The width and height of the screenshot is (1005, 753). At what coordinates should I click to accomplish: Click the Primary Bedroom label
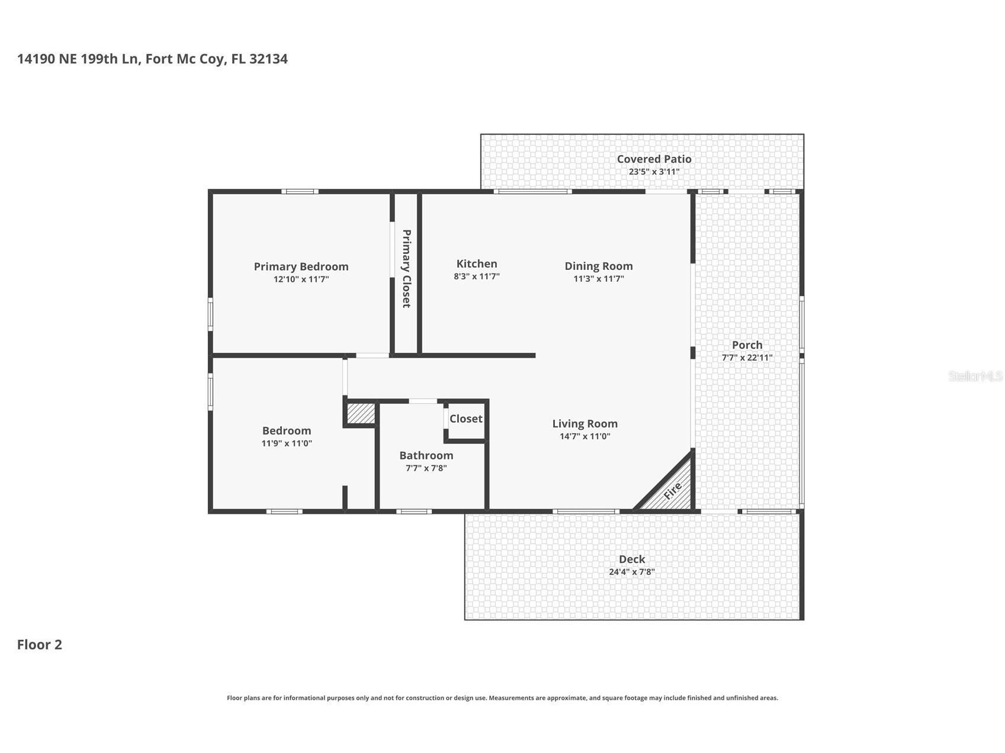click(x=301, y=266)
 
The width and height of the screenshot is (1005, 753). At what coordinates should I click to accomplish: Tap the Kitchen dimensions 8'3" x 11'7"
click(x=477, y=276)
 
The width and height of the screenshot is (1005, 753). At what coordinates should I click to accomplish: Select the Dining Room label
click(x=599, y=266)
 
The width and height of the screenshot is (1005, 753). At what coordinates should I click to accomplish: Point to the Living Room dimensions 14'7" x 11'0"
click(x=585, y=436)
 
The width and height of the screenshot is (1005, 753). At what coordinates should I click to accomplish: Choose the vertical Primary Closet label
click(x=406, y=269)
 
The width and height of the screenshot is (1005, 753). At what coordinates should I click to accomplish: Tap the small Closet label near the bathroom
click(x=466, y=419)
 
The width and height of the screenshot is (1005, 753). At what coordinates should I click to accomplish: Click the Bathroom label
click(x=426, y=455)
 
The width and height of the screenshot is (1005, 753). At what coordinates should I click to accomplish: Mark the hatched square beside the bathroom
click(x=361, y=413)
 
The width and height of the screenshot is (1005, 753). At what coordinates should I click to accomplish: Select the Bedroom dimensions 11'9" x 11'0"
click(x=287, y=443)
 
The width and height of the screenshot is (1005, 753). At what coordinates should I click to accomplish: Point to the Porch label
click(x=747, y=345)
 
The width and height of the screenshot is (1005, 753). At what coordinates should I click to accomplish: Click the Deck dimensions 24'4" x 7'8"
click(x=632, y=572)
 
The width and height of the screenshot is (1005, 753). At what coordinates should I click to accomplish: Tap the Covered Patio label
click(x=654, y=159)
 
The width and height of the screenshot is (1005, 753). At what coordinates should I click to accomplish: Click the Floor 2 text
click(x=40, y=645)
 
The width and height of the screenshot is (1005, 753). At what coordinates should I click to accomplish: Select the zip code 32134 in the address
click(x=269, y=59)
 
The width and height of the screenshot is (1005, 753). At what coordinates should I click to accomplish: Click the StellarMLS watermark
click(x=975, y=376)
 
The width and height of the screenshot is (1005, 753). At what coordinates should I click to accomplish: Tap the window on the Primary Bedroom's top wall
click(x=300, y=191)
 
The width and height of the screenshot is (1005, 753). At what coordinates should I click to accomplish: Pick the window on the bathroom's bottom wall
click(x=413, y=511)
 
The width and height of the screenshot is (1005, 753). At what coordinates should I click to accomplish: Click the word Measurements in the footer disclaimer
click(x=515, y=698)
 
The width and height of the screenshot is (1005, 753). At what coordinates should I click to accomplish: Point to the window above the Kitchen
click(x=532, y=191)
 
